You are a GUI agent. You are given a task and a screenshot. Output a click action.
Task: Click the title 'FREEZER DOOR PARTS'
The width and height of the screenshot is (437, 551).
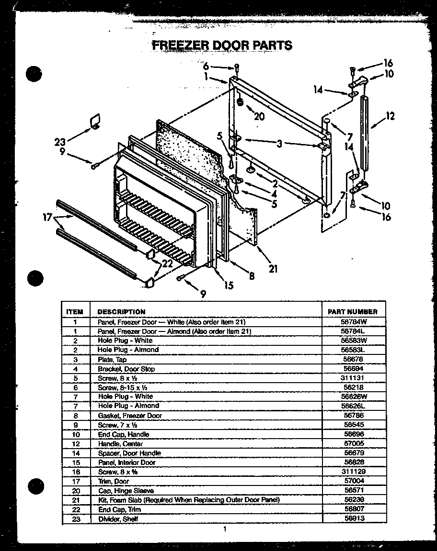click(222, 45)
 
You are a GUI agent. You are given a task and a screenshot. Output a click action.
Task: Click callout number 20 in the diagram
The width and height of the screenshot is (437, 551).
click(259, 116)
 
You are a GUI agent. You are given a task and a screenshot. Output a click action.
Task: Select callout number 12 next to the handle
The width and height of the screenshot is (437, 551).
click(390, 116)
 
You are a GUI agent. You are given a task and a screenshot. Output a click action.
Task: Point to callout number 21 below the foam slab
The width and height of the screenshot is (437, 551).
click(273, 269)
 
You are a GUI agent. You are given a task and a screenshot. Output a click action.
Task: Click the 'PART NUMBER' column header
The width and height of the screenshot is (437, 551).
click(353, 311)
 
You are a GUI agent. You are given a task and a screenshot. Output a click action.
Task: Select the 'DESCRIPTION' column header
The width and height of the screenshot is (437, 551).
click(121, 311)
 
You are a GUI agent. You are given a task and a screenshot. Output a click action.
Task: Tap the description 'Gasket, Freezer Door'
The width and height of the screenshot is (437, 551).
click(130, 416)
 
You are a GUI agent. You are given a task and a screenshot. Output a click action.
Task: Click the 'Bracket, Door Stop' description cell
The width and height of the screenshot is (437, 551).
click(126, 369)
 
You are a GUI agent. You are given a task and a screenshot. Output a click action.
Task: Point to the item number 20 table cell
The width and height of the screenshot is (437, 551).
click(75, 491)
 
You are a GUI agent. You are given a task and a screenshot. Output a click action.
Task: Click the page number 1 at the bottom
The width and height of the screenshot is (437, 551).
click(224, 529)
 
